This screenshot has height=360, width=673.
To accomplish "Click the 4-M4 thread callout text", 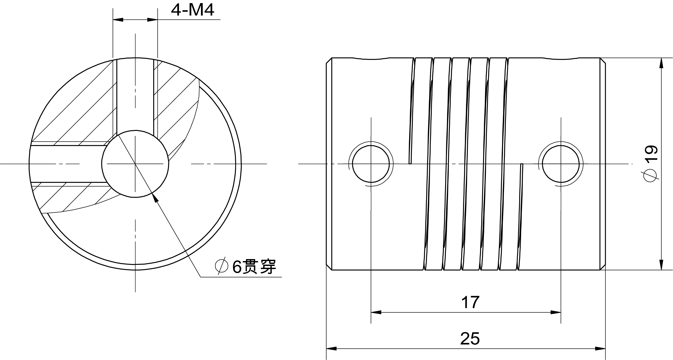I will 193,10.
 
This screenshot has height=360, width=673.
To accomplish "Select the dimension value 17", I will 470,302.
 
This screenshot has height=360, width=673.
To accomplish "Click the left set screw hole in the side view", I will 371,164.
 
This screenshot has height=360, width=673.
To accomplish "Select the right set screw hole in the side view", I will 561,164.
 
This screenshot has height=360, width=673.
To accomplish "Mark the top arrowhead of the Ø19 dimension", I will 661,63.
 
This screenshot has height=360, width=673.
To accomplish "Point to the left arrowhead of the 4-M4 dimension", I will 118,20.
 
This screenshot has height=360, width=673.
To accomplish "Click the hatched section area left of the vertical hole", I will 78,110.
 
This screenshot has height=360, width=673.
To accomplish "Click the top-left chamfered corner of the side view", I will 329,61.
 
